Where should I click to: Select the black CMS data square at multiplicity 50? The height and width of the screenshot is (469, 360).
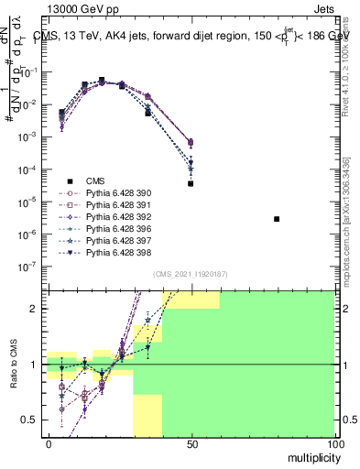click(x=191, y=183)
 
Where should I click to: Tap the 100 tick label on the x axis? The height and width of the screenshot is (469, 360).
click(x=334, y=443)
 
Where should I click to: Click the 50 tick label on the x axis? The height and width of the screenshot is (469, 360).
click(x=191, y=443)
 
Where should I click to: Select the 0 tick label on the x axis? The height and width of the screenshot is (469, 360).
click(x=48, y=443)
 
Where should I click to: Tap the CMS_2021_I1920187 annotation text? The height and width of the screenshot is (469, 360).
click(x=191, y=274)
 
